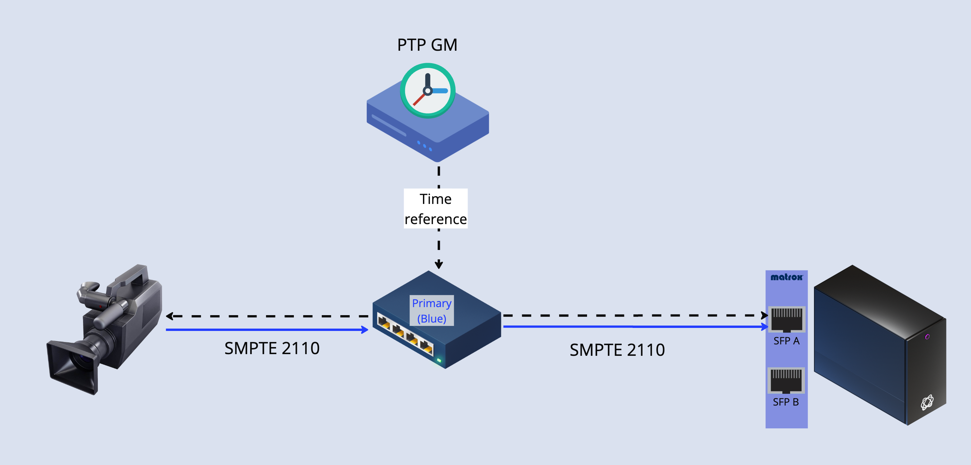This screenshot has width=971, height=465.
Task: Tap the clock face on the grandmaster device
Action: click(x=427, y=90)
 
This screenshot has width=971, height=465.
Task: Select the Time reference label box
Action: click(x=435, y=209)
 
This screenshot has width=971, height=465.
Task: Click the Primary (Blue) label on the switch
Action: click(x=432, y=310)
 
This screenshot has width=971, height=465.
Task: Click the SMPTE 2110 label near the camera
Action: click(x=272, y=348)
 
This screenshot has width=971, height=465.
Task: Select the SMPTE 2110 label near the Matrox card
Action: click(x=617, y=350)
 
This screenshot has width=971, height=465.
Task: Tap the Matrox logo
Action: click(x=786, y=277)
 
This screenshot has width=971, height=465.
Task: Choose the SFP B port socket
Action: click(x=786, y=381)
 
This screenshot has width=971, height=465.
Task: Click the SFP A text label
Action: click(x=786, y=341)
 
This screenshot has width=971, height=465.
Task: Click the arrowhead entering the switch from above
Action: click(x=439, y=264)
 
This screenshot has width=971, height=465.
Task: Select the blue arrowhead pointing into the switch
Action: click(x=364, y=330)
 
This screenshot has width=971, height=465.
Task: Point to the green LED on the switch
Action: click(x=439, y=361)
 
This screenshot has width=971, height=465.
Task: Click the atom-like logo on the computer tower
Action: click(x=927, y=402)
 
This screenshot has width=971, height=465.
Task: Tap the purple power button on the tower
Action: click(x=927, y=337)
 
